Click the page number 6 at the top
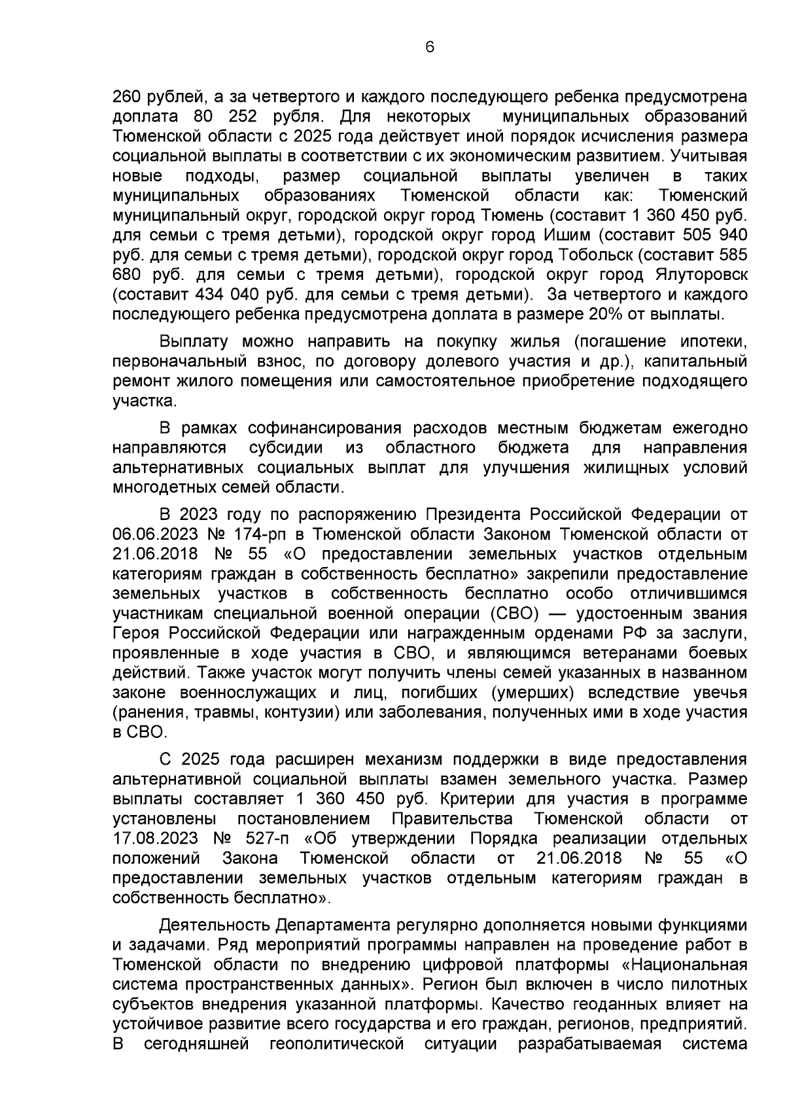tap(429, 47)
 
